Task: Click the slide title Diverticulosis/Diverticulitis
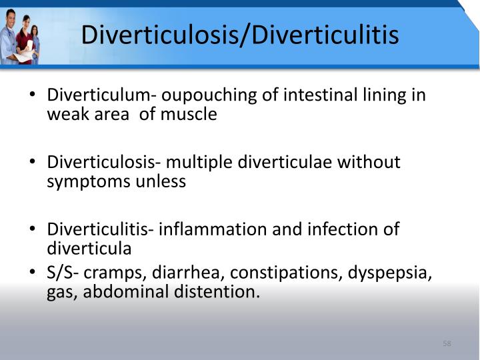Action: (x=240, y=34)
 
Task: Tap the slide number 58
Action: (x=447, y=343)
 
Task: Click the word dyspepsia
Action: (x=393, y=273)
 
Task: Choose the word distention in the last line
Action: (x=219, y=293)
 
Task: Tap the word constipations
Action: (x=287, y=273)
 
